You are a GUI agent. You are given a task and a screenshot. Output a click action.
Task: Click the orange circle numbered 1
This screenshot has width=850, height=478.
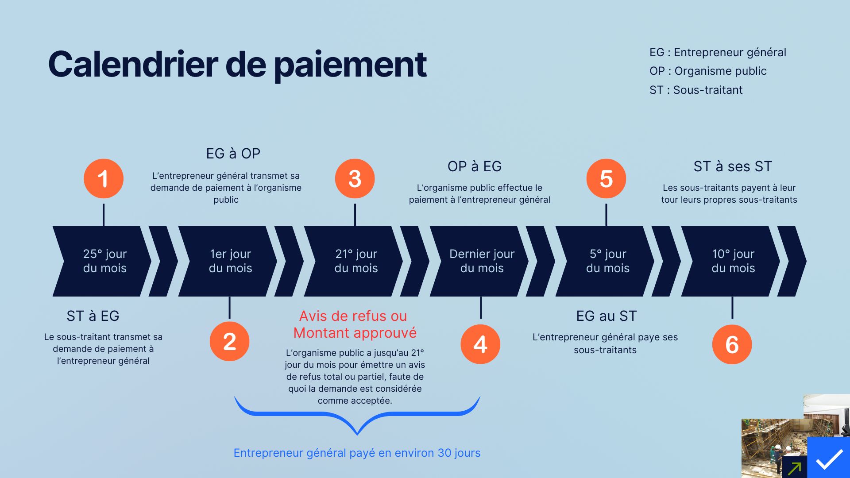104,179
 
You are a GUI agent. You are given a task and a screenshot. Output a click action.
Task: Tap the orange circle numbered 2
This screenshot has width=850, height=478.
229,342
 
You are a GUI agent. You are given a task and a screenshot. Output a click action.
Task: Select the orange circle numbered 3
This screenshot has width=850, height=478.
355,179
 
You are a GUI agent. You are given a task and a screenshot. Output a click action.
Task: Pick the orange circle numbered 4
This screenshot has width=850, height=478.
480,344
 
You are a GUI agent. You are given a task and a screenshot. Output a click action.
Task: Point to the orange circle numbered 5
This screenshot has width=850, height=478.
606,179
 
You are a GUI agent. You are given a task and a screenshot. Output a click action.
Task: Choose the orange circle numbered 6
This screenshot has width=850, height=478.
732,344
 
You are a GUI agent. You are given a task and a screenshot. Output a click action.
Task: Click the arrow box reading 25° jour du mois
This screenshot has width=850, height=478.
104,261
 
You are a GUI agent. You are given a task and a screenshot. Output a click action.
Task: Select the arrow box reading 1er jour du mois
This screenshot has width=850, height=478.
230,261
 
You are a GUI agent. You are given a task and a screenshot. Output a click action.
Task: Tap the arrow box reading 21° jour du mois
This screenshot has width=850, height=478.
356,261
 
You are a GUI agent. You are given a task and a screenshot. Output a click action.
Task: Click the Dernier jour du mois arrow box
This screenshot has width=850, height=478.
482,261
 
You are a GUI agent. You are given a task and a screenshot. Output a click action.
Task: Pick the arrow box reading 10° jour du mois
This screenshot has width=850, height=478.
733,261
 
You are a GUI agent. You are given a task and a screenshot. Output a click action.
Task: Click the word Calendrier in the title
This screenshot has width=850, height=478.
133,65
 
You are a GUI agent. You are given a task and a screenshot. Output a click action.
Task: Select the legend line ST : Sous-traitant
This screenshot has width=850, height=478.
695,90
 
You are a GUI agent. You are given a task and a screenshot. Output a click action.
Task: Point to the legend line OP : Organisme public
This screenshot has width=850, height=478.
707,71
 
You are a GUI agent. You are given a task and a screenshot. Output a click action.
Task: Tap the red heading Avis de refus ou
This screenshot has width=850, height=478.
353,316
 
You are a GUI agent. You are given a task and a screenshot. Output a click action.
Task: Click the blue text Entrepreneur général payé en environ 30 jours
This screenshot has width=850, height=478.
357,453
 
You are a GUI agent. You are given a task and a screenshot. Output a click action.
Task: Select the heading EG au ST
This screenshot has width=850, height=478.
606,316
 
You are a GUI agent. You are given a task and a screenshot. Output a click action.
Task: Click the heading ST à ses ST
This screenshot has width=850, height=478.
732,166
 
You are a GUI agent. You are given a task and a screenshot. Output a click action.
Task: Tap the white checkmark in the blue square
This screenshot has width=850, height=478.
829,459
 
